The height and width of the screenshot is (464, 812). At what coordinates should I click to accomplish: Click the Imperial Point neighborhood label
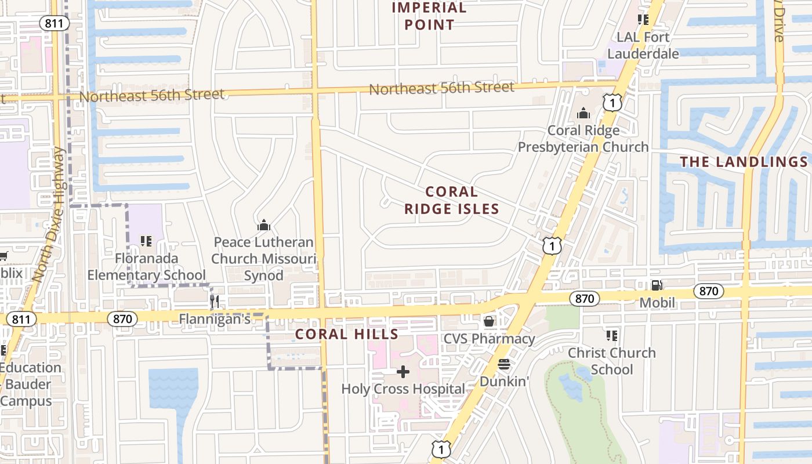click(429, 16)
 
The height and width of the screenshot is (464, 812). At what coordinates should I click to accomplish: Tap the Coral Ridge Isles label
click(451, 200)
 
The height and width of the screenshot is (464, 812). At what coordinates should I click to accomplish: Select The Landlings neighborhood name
click(744, 162)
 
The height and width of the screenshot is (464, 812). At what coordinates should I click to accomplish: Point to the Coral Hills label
click(347, 334)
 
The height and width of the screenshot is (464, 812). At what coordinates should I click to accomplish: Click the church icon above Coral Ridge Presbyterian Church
click(583, 113)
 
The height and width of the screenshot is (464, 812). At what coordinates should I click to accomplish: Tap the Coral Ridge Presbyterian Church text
click(583, 139)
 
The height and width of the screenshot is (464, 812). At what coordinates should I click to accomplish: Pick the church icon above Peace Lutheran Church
click(264, 224)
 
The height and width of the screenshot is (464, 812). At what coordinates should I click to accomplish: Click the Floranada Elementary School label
click(146, 266)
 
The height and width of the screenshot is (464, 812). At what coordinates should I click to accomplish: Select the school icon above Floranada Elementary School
click(146, 241)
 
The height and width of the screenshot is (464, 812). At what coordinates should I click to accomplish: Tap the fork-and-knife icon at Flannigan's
click(215, 301)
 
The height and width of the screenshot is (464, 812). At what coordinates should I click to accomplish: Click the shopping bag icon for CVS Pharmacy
click(489, 321)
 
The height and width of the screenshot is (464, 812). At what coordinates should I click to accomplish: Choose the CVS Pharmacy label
click(489, 338)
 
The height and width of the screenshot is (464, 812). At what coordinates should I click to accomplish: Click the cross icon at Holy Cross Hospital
click(403, 371)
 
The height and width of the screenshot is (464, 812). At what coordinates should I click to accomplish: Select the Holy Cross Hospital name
click(403, 389)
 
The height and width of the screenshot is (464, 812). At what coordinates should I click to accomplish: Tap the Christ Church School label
click(611, 361)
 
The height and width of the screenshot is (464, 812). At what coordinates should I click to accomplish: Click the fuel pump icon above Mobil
click(657, 285)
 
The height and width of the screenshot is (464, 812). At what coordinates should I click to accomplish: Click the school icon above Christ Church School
click(611, 335)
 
